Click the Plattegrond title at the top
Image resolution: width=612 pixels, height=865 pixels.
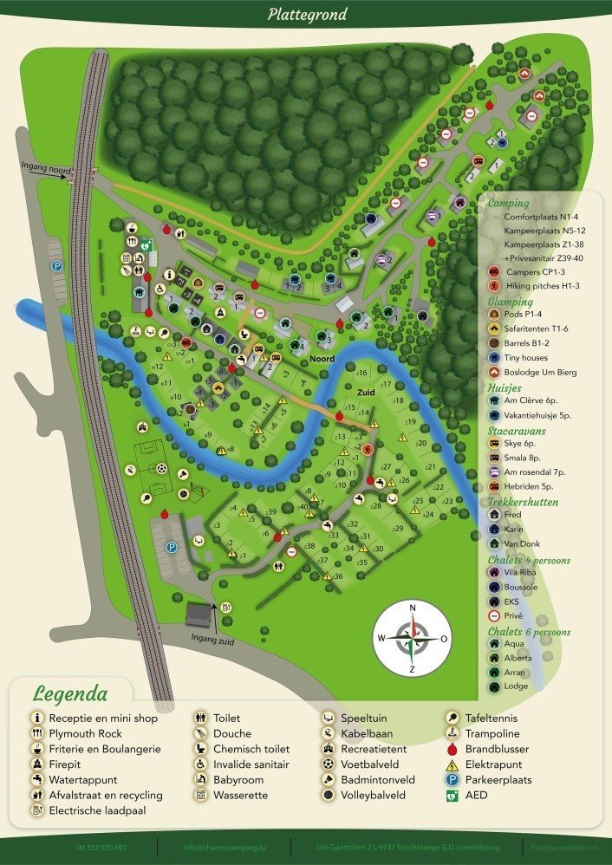click(x=306, y=14)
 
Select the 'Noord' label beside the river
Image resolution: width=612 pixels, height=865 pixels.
click(x=322, y=358)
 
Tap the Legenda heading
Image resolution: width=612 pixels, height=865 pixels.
click(x=70, y=693)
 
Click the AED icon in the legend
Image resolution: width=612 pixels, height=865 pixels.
click(x=452, y=795)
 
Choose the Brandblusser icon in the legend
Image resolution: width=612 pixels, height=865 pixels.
click(x=452, y=749)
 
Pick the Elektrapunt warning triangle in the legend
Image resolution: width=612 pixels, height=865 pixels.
click(x=452, y=764)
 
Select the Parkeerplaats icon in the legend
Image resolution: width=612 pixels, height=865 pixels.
click(x=452, y=780)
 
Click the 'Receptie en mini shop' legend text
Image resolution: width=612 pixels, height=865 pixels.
click(x=103, y=719)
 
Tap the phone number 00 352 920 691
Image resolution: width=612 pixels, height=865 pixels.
click(x=101, y=847)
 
